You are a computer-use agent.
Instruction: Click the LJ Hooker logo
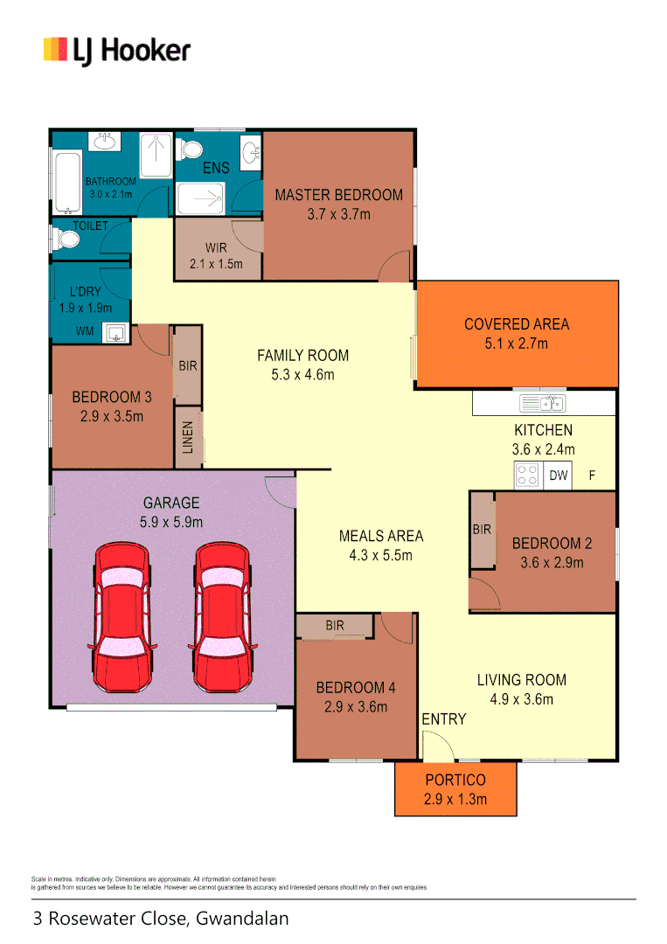116,50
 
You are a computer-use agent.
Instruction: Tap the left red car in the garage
122,616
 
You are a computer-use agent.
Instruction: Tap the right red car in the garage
223,616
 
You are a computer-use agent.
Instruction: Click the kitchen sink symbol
542,403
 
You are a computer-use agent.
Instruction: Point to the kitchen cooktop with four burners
527,475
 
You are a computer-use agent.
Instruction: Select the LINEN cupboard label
188,436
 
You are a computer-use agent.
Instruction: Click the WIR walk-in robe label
216,248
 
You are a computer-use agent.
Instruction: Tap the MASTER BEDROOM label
338,195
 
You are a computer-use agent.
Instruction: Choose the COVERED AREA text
517,324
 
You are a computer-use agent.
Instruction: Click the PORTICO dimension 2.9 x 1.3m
455,799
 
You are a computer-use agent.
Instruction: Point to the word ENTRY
444,719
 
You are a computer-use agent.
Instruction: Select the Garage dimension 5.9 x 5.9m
172,522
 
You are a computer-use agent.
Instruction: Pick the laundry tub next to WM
115,332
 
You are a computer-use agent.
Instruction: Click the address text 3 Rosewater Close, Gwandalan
161,919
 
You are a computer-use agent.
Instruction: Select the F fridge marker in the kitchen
592,476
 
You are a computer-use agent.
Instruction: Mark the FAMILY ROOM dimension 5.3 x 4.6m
302,375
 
